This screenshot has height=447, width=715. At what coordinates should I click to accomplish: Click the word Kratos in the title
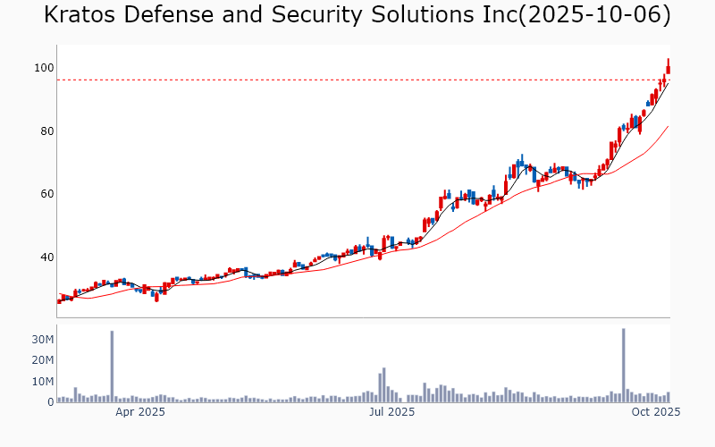click(79, 15)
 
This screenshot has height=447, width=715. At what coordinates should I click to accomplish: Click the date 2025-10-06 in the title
click(608, 15)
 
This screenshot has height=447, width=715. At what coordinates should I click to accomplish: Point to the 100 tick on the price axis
click(42, 68)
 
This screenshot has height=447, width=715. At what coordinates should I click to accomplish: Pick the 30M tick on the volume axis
click(40, 340)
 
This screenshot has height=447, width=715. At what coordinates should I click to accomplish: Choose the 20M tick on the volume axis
click(40, 360)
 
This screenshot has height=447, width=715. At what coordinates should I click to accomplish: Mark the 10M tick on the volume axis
click(40, 382)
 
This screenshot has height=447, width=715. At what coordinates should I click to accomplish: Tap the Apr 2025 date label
click(140, 412)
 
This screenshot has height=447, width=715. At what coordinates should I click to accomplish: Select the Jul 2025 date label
click(391, 412)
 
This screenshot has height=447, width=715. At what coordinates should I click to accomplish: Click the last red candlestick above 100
click(668, 67)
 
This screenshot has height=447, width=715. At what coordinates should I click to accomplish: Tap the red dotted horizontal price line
click(357, 80)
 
